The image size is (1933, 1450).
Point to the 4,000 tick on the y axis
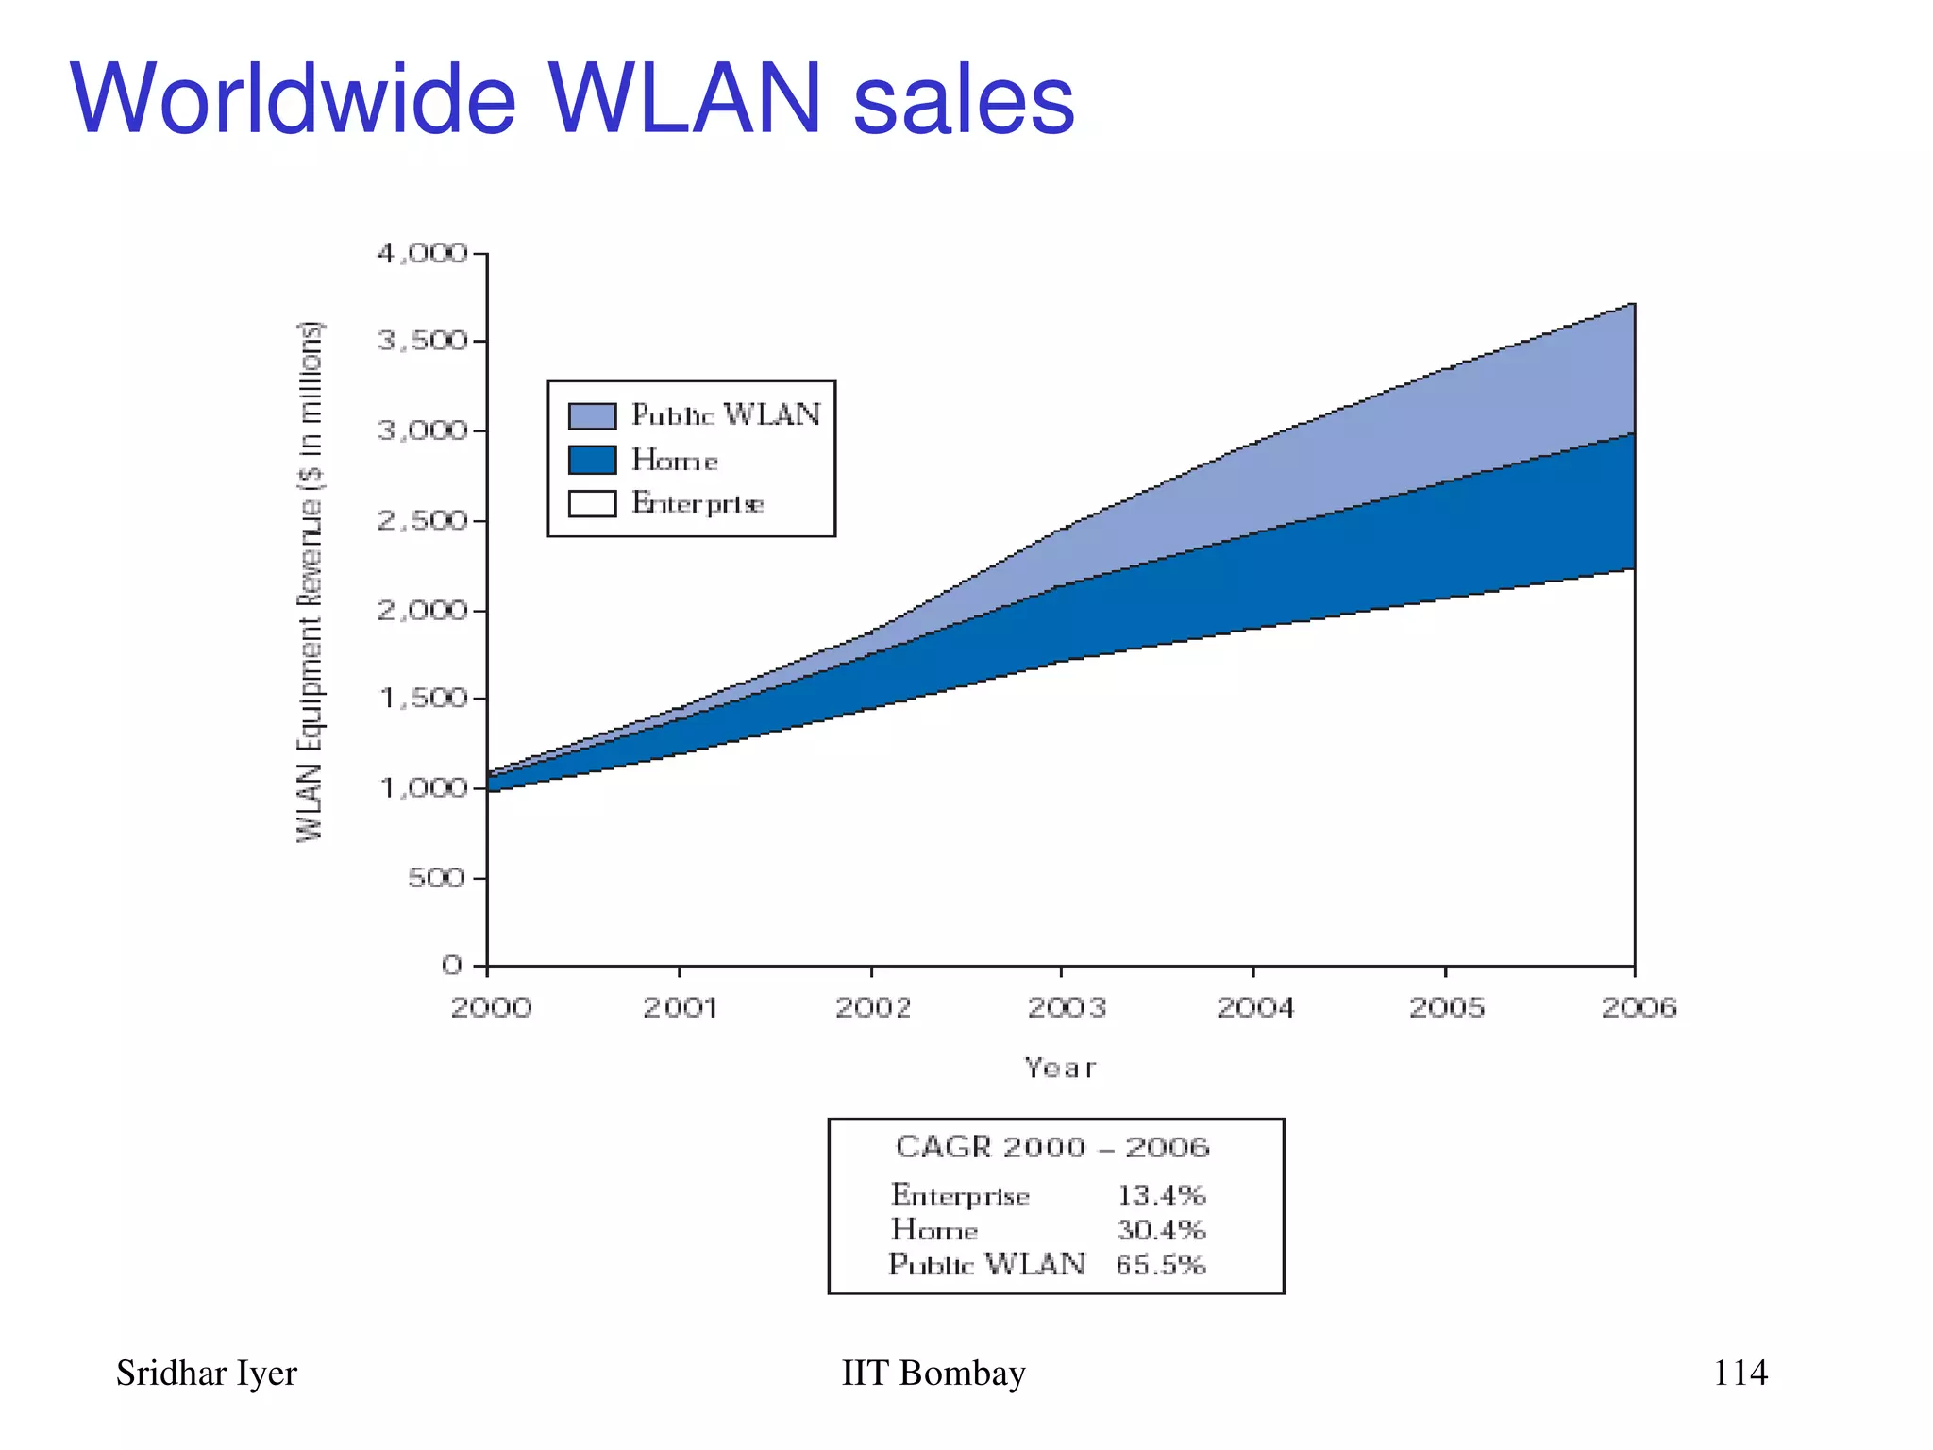point(422,254)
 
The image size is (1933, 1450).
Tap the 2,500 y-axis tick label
point(422,520)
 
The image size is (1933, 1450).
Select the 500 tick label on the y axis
point(436,878)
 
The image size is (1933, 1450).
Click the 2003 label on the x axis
point(1066,1008)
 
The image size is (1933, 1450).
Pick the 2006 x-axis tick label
point(1639,1008)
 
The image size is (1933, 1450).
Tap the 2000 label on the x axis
point(491,1008)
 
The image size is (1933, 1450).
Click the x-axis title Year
point(1060,1069)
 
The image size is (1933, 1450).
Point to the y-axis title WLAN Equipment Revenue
point(310,581)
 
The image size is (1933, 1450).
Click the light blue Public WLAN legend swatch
point(592,415)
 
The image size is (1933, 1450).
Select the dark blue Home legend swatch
point(592,460)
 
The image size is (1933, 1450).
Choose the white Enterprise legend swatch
point(592,503)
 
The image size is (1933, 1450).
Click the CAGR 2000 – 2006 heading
point(1052,1147)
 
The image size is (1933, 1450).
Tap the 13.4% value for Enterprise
point(1161,1195)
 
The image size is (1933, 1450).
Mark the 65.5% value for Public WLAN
point(1161,1264)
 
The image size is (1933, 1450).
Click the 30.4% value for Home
point(1161,1230)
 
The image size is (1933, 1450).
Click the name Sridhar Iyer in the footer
point(206,1374)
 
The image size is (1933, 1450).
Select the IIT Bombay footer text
point(933,1374)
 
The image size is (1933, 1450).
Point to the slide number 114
point(1740,1373)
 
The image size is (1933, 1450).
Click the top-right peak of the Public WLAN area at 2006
point(1632,306)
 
